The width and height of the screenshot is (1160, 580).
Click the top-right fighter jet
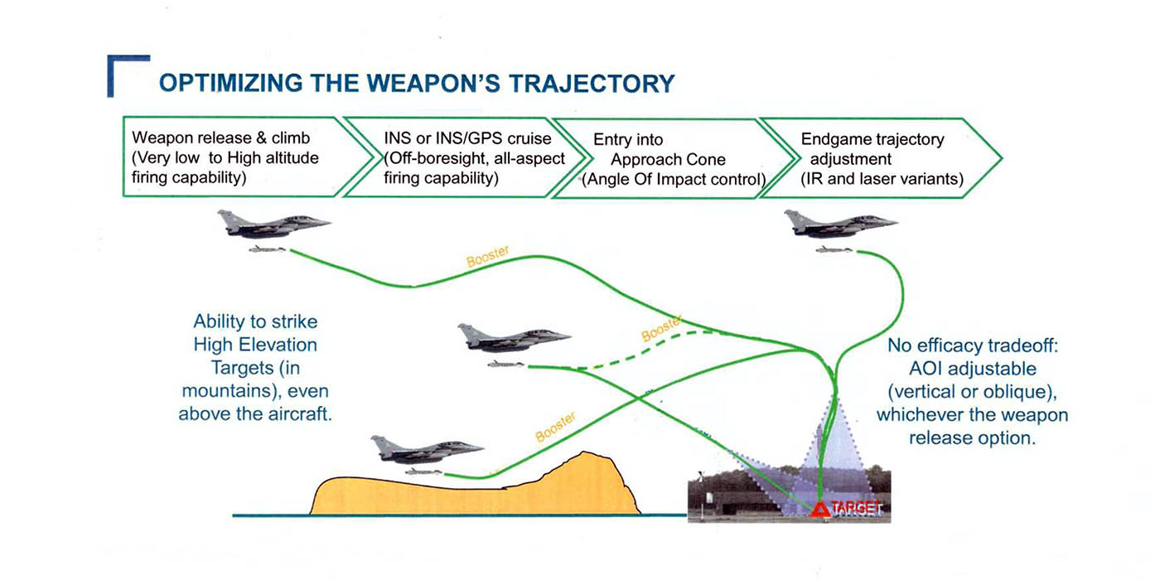click(x=839, y=224)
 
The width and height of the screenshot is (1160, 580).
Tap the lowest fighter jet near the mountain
click(x=425, y=450)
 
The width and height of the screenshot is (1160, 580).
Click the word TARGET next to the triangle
click(x=856, y=507)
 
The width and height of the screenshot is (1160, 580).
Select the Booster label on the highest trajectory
click(x=487, y=258)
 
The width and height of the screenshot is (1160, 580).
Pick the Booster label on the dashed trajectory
click(x=662, y=328)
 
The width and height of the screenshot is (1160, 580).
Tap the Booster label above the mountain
click(x=555, y=427)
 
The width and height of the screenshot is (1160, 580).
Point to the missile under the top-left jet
click(x=267, y=249)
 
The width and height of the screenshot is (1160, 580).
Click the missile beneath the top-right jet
click(x=834, y=249)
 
